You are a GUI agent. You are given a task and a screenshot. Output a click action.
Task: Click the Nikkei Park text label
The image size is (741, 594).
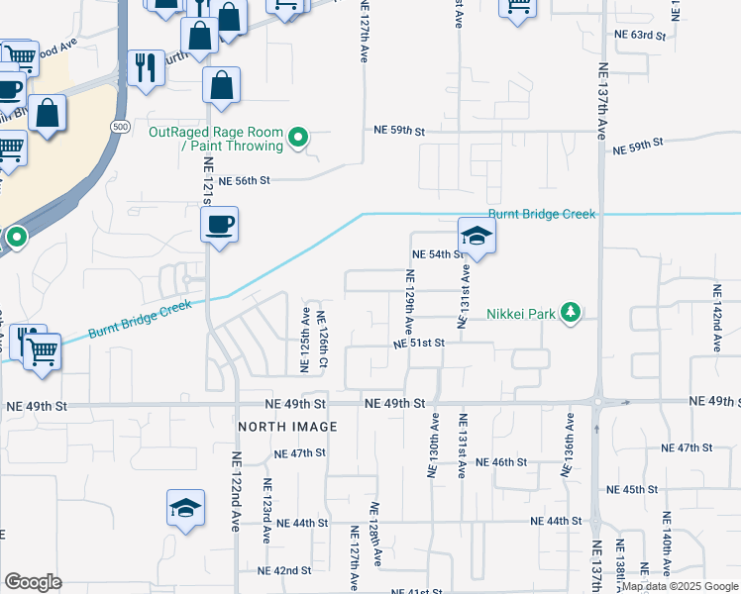[x=518, y=314]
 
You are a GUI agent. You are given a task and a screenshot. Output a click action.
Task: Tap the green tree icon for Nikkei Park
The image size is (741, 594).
[x=570, y=313]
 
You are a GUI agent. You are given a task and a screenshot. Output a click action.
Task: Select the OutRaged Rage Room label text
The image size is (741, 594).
[x=215, y=139]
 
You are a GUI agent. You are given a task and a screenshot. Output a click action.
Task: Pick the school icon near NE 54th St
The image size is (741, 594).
[x=476, y=237]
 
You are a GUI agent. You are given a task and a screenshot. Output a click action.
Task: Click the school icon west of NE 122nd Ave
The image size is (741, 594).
[x=185, y=508]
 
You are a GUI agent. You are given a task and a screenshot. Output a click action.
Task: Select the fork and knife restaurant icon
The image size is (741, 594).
[x=147, y=67]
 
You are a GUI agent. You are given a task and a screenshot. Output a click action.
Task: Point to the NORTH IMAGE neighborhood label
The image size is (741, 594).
[x=287, y=426]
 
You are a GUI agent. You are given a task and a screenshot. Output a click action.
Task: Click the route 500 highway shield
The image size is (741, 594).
[x=120, y=127]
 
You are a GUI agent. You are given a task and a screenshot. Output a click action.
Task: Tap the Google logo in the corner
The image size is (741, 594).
[x=33, y=581]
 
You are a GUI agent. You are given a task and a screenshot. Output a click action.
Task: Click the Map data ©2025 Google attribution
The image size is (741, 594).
[x=680, y=586]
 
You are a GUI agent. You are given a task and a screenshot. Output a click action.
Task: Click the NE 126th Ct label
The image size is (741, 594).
[x=322, y=343]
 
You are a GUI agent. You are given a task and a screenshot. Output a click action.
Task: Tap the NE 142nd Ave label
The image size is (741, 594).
[x=716, y=318]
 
